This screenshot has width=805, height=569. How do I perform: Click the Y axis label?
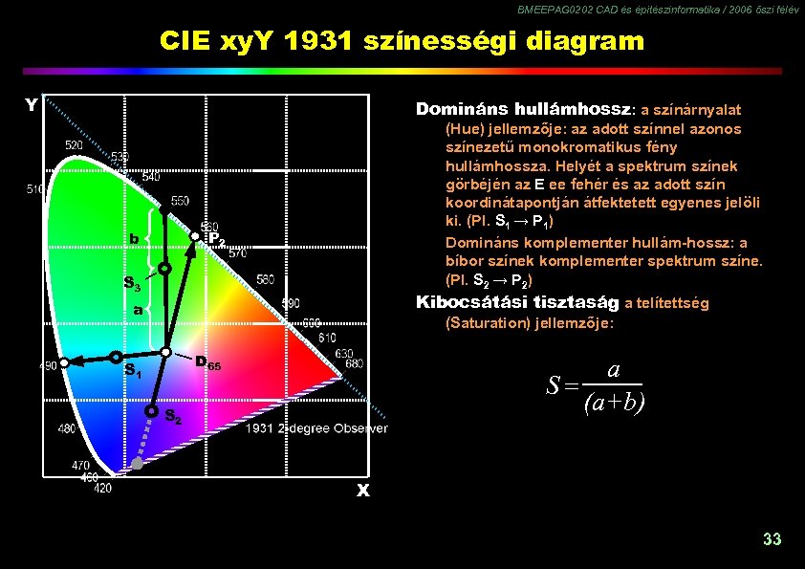pos(32,104)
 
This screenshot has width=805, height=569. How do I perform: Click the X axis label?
pos(363,491)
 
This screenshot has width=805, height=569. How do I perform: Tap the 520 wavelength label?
pos(74,144)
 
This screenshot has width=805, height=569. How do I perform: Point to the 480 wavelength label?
pos(66,428)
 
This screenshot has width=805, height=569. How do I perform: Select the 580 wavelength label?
pos(265,279)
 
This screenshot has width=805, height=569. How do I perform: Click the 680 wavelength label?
pos(354,363)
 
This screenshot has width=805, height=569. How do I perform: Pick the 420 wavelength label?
pos(102,488)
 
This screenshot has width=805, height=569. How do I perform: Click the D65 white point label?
pos(207,363)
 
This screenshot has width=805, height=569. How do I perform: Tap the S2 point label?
pos(173,416)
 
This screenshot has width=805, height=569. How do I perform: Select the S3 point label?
pos(133,284)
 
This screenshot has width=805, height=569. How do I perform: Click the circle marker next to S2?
pos(151,411)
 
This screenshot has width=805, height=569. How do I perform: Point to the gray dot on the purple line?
pos(137,464)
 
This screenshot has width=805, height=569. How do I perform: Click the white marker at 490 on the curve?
pos(63,363)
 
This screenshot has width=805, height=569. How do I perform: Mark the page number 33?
pos(772,539)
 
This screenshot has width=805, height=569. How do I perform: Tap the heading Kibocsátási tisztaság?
pos(517,303)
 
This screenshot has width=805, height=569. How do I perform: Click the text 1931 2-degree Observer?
pos(316,427)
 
